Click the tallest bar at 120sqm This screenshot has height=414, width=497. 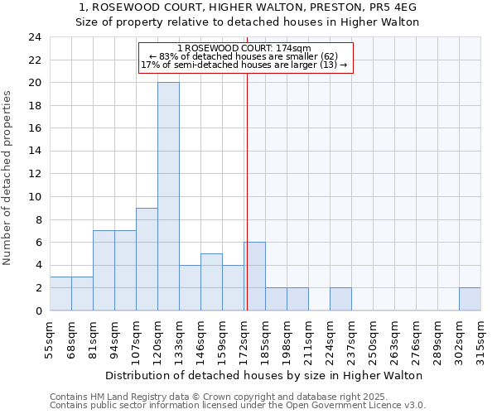point(168,196)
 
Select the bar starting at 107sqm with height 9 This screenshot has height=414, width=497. point(147,259)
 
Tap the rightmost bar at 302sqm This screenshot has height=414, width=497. point(469,299)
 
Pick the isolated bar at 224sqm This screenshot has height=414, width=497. point(340,299)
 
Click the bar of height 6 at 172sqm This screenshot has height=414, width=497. point(254,277)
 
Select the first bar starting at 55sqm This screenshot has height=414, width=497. point(60,293)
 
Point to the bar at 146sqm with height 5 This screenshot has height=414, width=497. point(211,282)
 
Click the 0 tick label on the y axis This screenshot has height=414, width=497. point(37,310)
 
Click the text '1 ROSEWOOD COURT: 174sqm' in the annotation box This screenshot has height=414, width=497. point(244,49)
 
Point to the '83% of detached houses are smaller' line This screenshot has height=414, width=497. point(244,56)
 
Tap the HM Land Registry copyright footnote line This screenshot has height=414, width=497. point(208,397)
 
